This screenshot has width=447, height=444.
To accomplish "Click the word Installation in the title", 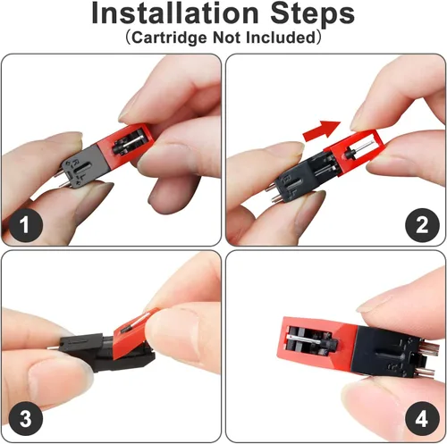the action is (175, 13).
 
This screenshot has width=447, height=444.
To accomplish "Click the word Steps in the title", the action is (313, 14).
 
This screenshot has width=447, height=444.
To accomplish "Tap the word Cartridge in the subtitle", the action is (169, 38).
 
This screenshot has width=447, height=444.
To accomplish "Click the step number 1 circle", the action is (26, 224).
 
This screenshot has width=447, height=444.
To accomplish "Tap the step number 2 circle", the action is (422, 225).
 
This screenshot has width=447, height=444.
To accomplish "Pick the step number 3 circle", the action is (26, 418).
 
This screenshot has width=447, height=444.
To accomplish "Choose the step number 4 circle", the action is (422, 419).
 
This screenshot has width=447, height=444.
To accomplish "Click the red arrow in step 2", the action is (321, 131).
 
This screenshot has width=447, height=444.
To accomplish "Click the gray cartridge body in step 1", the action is (82, 167).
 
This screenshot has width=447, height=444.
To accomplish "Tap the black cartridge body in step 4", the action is (387, 351).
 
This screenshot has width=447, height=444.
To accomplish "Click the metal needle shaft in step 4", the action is (304, 339).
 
